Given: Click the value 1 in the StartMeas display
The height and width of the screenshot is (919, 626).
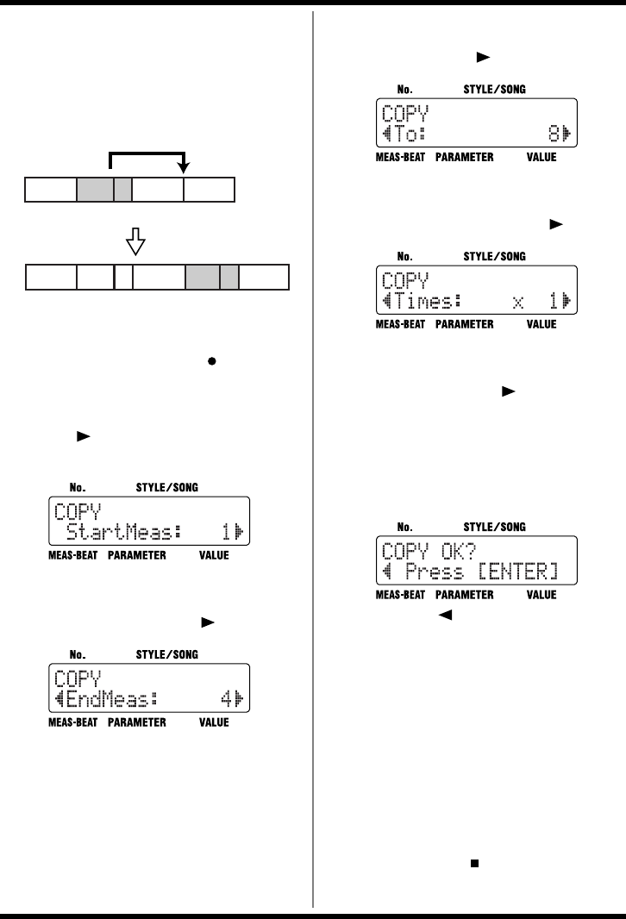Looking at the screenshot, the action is (227, 535).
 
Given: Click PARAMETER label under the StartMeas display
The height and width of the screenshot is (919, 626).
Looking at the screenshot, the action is (136, 556).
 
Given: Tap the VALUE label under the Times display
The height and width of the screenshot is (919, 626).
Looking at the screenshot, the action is (541, 325).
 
